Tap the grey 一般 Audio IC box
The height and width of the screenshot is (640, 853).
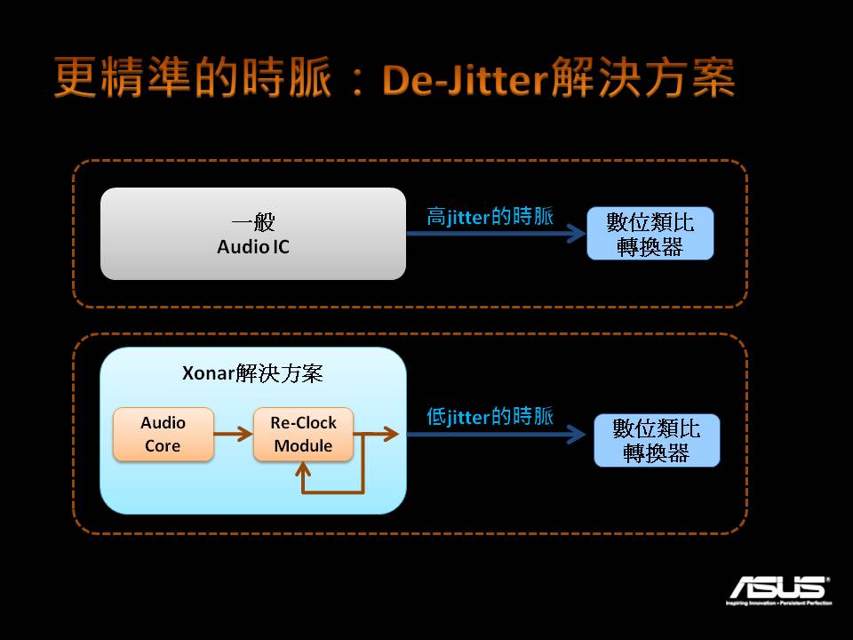(253, 234)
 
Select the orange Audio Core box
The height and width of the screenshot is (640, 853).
(163, 435)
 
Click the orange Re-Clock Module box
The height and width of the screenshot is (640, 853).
(303, 435)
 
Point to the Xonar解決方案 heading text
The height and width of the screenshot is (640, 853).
(252, 373)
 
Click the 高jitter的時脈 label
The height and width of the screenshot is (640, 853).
(490, 217)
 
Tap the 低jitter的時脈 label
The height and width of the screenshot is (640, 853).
(490, 416)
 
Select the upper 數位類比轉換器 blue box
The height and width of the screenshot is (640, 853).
(650, 234)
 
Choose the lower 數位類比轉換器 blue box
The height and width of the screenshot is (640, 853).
(657, 440)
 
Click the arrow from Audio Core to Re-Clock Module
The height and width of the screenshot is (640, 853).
(233, 435)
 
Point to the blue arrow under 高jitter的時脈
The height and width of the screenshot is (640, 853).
(493, 235)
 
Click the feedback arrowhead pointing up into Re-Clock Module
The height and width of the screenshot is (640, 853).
(304, 469)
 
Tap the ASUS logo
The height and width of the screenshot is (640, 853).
(779, 588)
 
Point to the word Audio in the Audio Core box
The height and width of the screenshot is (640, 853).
(163, 423)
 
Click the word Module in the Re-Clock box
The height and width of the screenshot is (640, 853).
(303, 445)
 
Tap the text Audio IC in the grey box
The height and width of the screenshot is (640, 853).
(253, 246)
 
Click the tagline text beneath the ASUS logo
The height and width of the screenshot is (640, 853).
(780, 604)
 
